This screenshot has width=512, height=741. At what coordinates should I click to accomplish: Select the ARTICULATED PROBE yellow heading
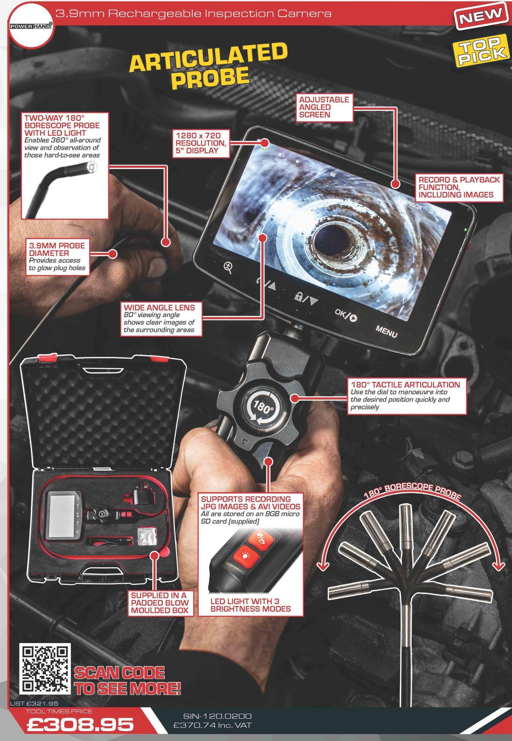(x=208, y=66)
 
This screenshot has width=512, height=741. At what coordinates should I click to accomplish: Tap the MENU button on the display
(x=387, y=332)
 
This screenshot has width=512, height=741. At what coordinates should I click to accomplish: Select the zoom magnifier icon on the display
(x=228, y=267)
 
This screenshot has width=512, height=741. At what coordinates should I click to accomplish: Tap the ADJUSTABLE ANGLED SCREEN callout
(x=324, y=107)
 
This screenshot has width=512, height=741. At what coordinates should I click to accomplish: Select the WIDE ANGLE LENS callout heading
(x=159, y=307)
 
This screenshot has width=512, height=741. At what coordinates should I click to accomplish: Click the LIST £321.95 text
(x=34, y=704)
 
